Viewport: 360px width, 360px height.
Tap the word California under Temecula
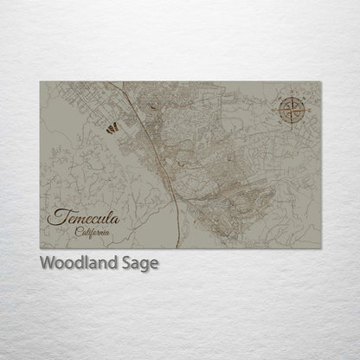click(92, 232)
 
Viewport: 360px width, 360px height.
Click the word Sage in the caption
click(140, 263)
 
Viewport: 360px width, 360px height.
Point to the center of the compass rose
click(294, 110)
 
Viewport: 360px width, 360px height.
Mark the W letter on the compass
click(279, 110)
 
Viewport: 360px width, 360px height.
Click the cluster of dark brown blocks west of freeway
click(111, 128)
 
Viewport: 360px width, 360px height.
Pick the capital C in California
click(77, 232)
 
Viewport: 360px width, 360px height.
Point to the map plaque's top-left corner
click(40, 82)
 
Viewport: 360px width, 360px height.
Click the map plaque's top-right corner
click(320, 82)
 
